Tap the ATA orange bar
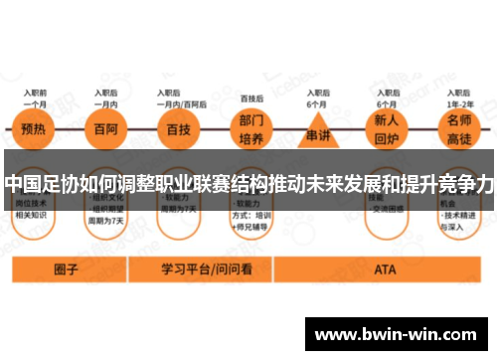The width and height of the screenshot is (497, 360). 385,269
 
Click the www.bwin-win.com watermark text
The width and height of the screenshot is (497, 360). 399,335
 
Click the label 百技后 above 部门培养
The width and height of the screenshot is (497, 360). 251,98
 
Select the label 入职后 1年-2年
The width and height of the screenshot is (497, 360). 458,98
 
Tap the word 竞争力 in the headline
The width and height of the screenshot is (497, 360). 465,185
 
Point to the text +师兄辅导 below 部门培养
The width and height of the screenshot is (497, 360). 252,225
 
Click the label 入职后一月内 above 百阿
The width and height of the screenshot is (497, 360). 103,98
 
